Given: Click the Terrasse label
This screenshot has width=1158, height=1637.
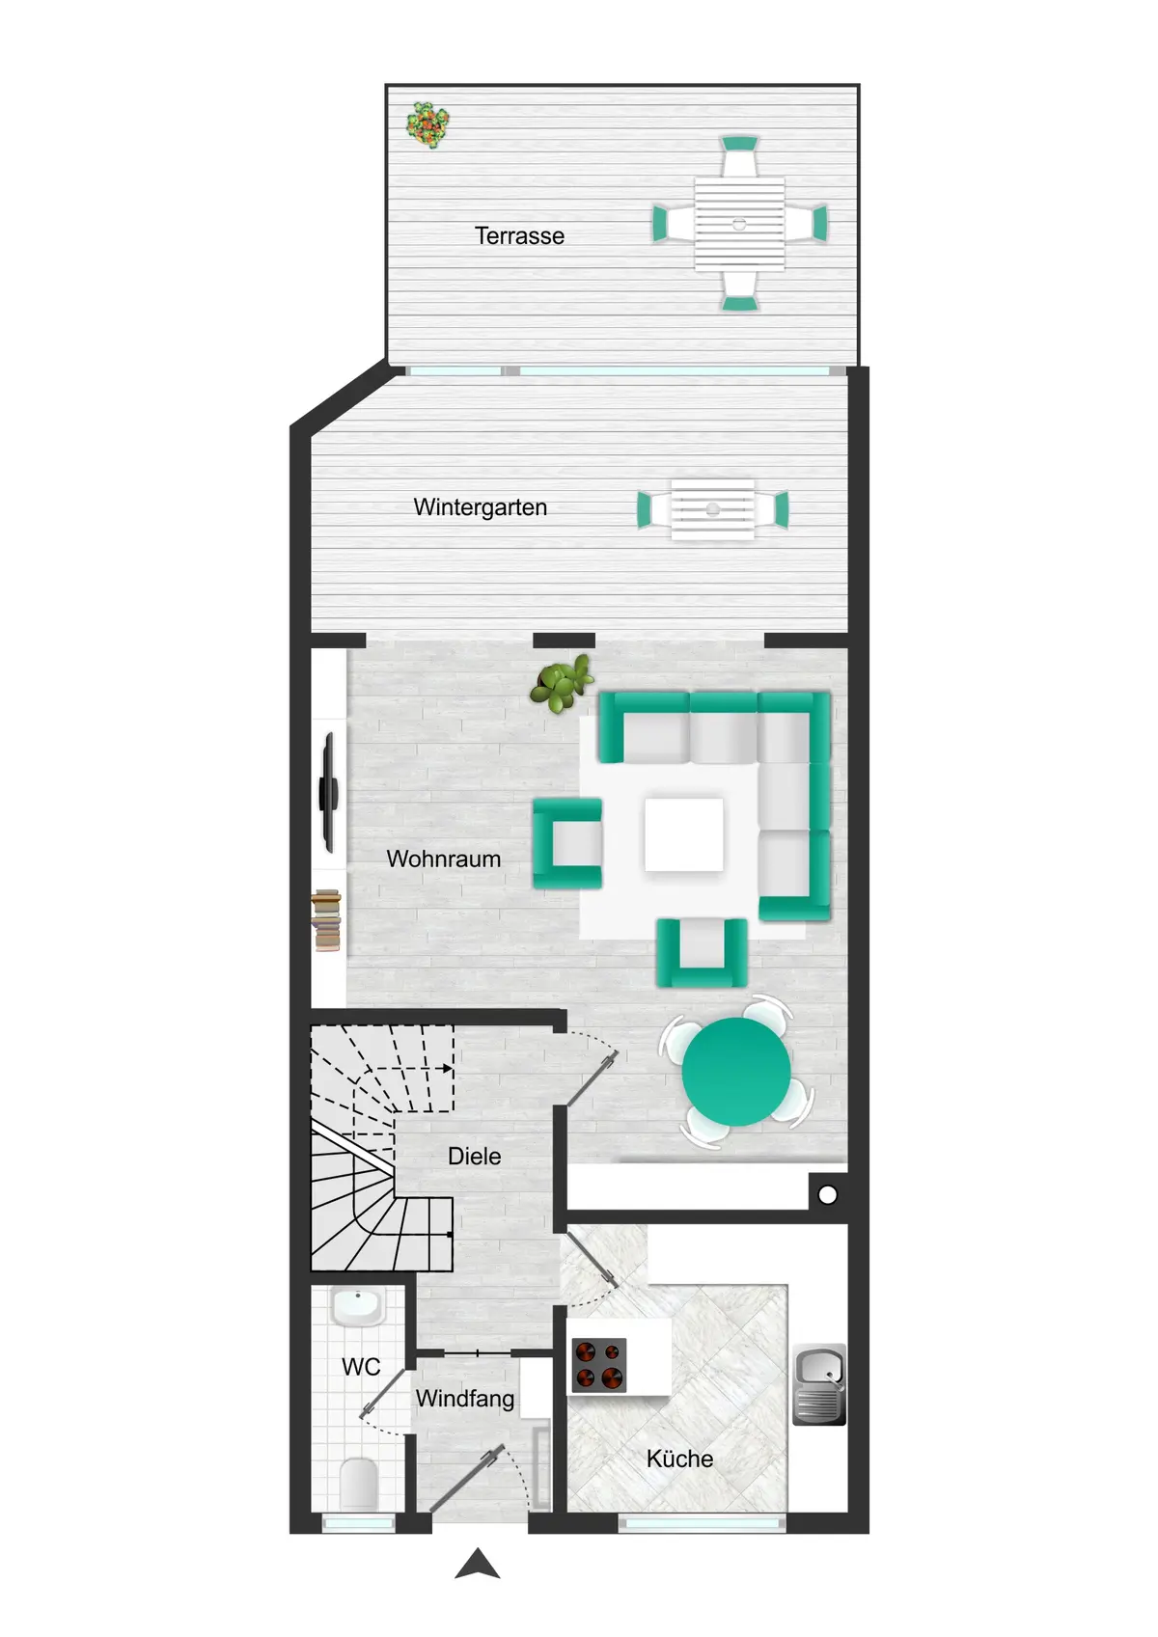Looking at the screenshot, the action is pos(519,236).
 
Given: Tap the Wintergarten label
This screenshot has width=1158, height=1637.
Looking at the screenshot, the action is pos(481,507).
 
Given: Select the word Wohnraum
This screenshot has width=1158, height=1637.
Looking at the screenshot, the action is pos(444,859).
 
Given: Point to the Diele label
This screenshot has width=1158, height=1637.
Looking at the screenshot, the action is pos(475,1157).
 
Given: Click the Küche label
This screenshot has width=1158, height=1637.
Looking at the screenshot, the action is pos(680,1459).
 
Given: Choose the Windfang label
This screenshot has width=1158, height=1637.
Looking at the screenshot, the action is pos(465,1399).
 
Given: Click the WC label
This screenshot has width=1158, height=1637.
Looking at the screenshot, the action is pos(361,1367).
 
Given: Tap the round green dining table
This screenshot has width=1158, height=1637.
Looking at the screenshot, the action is pos(736,1072).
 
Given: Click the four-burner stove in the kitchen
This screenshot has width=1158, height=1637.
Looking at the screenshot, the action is pos(598,1364).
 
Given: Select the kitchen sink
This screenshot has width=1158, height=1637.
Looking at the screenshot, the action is pos(819,1384).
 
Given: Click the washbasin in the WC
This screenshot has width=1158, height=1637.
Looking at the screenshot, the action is pos(357,1307).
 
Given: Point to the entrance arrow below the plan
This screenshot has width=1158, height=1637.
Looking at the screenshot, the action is pos(478,1563).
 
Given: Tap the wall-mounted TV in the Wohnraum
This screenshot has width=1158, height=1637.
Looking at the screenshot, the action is pos(328,792).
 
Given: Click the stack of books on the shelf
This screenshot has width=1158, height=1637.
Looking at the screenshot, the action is pos(326,920).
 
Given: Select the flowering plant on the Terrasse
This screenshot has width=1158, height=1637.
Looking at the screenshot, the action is pos(427,125).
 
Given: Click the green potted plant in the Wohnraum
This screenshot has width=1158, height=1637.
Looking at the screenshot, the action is pos(562,684).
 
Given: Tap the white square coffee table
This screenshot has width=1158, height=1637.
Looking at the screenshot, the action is pos(683,834).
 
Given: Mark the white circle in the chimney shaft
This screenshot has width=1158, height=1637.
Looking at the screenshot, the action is pos(828,1195).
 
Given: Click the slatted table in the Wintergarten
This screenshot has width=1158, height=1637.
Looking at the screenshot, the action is pos(713,509).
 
